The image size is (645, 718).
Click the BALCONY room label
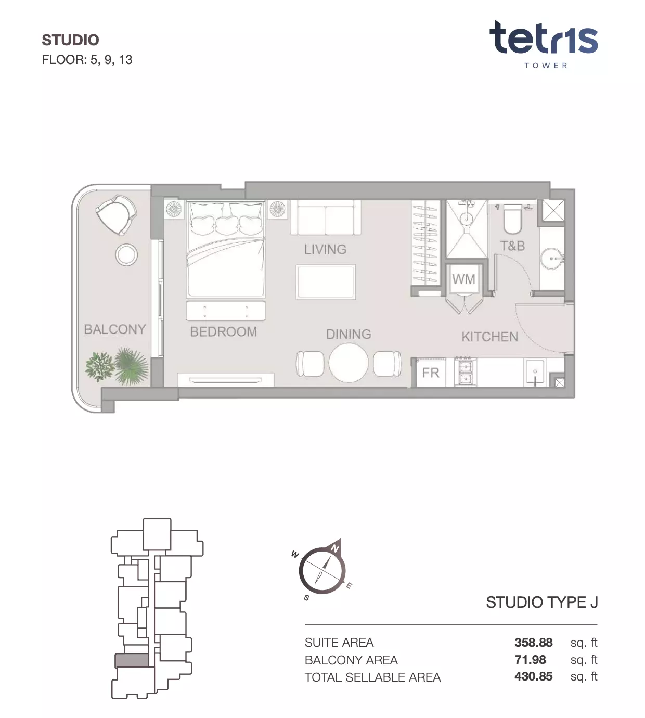tap(115, 329)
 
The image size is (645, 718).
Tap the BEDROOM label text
tap(224, 332)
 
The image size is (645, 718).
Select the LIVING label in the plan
tap(325, 249)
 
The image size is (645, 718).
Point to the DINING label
tap(349, 334)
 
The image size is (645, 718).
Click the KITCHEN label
tap(490, 337)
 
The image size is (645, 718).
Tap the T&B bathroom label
tap(512, 246)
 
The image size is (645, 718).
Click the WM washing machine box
tap(463, 279)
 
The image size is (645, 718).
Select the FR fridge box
tap(431, 373)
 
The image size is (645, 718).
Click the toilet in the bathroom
tap(512, 219)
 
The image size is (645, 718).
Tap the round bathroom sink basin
tap(551, 259)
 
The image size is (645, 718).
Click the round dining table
tap(349, 363)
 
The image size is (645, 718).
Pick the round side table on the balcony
tap(126, 255)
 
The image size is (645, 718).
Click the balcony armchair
tap(116, 214)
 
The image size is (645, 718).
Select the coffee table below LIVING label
tap(326, 282)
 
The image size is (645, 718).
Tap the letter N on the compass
tap(334, 549)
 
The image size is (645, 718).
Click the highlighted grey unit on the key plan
tap(132, 661)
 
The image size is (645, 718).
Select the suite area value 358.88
tap(533, 643)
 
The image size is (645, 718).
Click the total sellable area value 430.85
tap(533, 677)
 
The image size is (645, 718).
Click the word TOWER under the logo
tap(546, 66)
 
